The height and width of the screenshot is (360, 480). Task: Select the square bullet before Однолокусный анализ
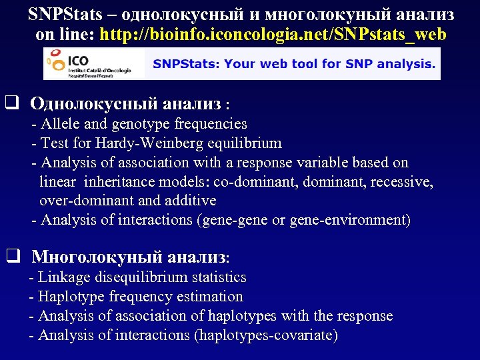pyautogui.click(x=11, y=104)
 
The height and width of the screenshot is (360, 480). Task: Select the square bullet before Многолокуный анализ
pyautogui.click(x=11, y=256)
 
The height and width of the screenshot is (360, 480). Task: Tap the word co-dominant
pyautogui.click(x=255, y=181)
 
